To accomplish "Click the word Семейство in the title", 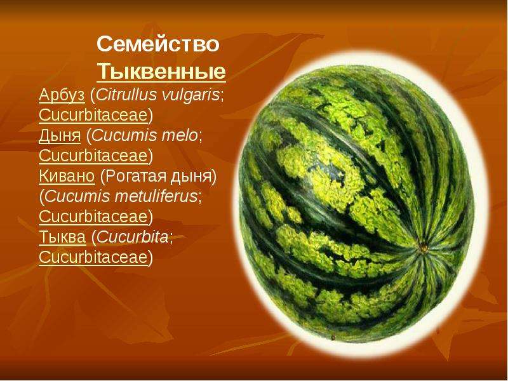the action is click(158, 44).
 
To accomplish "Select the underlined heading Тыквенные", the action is click(161, 71).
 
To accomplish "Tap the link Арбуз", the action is click(62, 95).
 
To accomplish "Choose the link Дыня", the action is click(60, 136).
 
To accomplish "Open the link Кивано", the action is click(67, 177).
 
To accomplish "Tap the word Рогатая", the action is click(135, 177).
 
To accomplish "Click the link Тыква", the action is click(62, 237).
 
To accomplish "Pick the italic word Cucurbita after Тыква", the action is click(132, 237).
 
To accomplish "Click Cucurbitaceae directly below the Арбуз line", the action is click(93, 115).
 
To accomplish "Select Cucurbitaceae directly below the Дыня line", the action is click(93, 156).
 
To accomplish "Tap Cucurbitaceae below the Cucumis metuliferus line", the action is click(93, 217).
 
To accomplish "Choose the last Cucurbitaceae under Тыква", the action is click(93, 257).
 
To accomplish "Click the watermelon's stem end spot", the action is click(424, 248).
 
